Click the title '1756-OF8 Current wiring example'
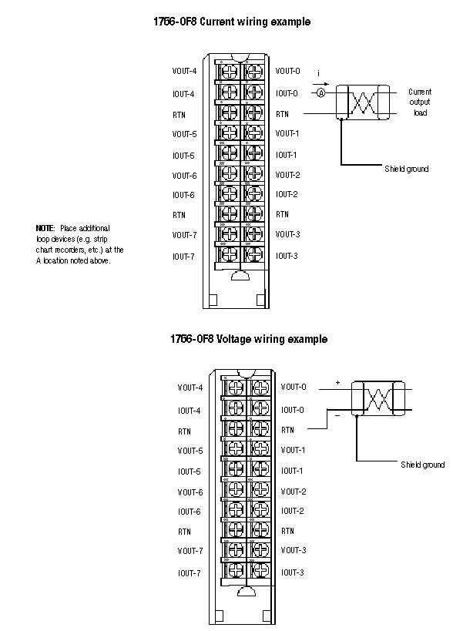(x=232, y=22)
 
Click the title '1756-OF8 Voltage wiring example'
(x=249, y=339)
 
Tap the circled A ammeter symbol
(x=320, y=93)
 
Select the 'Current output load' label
(x=420, y=102)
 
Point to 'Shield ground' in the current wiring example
(x=406, y=169)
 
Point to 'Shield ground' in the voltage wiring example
(x=422, y=465)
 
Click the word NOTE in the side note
(x=45, y=228)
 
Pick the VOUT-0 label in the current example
(x=287, y=71)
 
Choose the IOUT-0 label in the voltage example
(x=293, y=410)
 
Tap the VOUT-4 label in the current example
(x=184, y=71)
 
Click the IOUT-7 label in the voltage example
(x=189, y=573)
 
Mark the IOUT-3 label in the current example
(x=287, y=256)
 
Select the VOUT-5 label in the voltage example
(x=190, y=451)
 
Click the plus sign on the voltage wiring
(x=337, y=383)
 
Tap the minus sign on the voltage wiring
(x=337, y=415)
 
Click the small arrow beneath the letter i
(x=320, y=84)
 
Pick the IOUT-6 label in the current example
(x=183, y=195)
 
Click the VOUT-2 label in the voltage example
(x=294, y=492)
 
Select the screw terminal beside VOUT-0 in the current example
(x=254, y=72)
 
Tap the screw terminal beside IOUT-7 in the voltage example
(x=236, y=570)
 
